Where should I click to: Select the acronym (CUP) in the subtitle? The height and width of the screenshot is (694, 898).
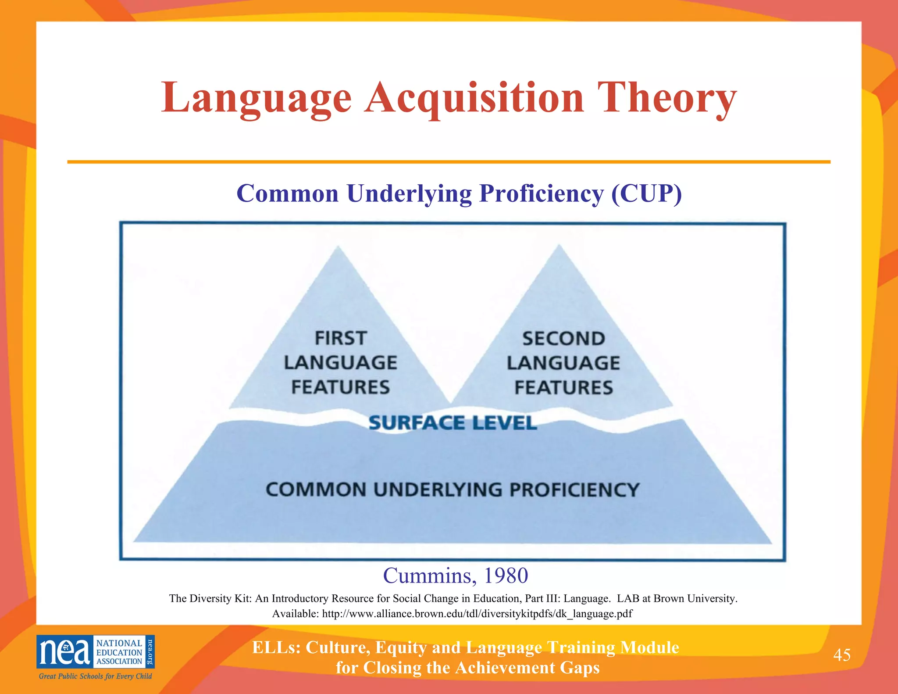(647, 193)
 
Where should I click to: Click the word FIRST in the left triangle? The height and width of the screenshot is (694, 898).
(340, 338)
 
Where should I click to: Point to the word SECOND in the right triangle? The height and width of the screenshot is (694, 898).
(563, 339)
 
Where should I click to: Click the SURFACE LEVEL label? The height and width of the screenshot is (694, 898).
(453, 423)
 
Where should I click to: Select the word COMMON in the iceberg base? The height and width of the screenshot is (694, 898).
(316, 490)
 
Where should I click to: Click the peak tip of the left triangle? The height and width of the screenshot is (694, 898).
(338, 247)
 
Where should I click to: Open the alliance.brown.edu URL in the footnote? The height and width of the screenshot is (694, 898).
(477, 613)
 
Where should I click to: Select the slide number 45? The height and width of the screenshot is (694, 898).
(841, 655)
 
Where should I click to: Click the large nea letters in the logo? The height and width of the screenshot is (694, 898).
(65, 652)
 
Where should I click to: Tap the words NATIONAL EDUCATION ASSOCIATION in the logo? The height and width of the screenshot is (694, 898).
(119, 652)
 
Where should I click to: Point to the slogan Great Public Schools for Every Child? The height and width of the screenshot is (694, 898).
(95, 676)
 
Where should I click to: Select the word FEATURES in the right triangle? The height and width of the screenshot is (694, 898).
(563, 388)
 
